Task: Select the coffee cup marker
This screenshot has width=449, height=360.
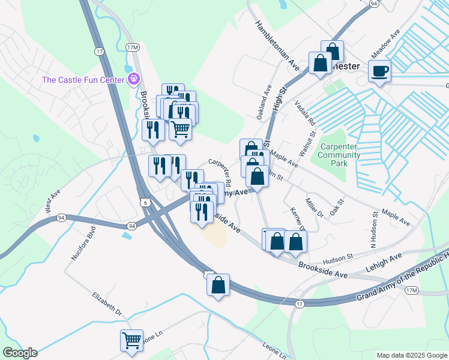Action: click(379, 72)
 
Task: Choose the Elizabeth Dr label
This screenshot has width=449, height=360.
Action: click(107, 304)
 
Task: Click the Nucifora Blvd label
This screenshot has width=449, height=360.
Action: click(83, 243)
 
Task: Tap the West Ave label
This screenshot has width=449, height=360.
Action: click(53, 202)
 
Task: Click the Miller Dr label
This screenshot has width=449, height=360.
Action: click(314, 208)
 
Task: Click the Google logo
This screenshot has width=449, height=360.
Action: click(20, 353)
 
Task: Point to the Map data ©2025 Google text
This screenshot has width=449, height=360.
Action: click(411, 355)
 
